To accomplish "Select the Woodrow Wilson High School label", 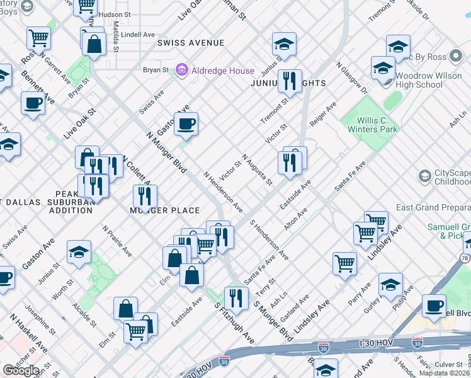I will pyautogui.click(x=419, y=80).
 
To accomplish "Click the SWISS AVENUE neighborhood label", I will pyautogui.click(x=191, y=43).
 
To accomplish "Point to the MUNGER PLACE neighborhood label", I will pyautogui.click(x=165, y=210).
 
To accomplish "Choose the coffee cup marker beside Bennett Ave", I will pyautogui.click(x=33, y=103).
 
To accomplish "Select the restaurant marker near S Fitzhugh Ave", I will pyautogui.click(x=236, y=297).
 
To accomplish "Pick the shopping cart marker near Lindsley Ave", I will pyautogui.click(x=344, y=263).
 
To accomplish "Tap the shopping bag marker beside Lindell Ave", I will pyautogui.click(x=94, y=45).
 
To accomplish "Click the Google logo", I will pyautogui.click(x=21, y=370).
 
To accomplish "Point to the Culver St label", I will pyautogui.click(x=449, y=364).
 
